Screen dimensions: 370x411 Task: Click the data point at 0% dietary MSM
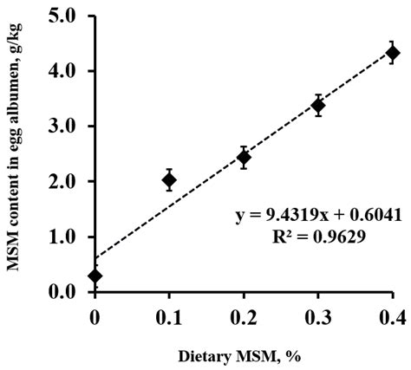(95, 276)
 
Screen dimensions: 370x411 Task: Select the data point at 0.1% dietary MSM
(169, 180)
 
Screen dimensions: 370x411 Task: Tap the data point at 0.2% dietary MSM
(244, 158)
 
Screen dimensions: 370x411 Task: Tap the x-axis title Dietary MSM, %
(244, 354)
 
